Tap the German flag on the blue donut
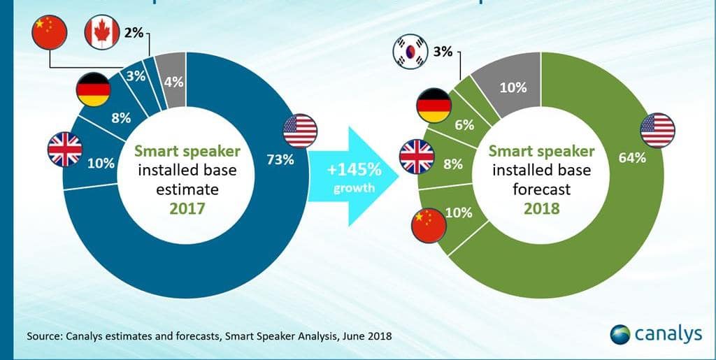click(94, 89)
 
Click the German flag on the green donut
click(434, 106)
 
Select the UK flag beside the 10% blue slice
click(65, 150)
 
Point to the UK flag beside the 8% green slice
click(417, 156)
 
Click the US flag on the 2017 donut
click(301, 131)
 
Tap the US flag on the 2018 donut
click(657, 131)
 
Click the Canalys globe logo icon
click(621, 335)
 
